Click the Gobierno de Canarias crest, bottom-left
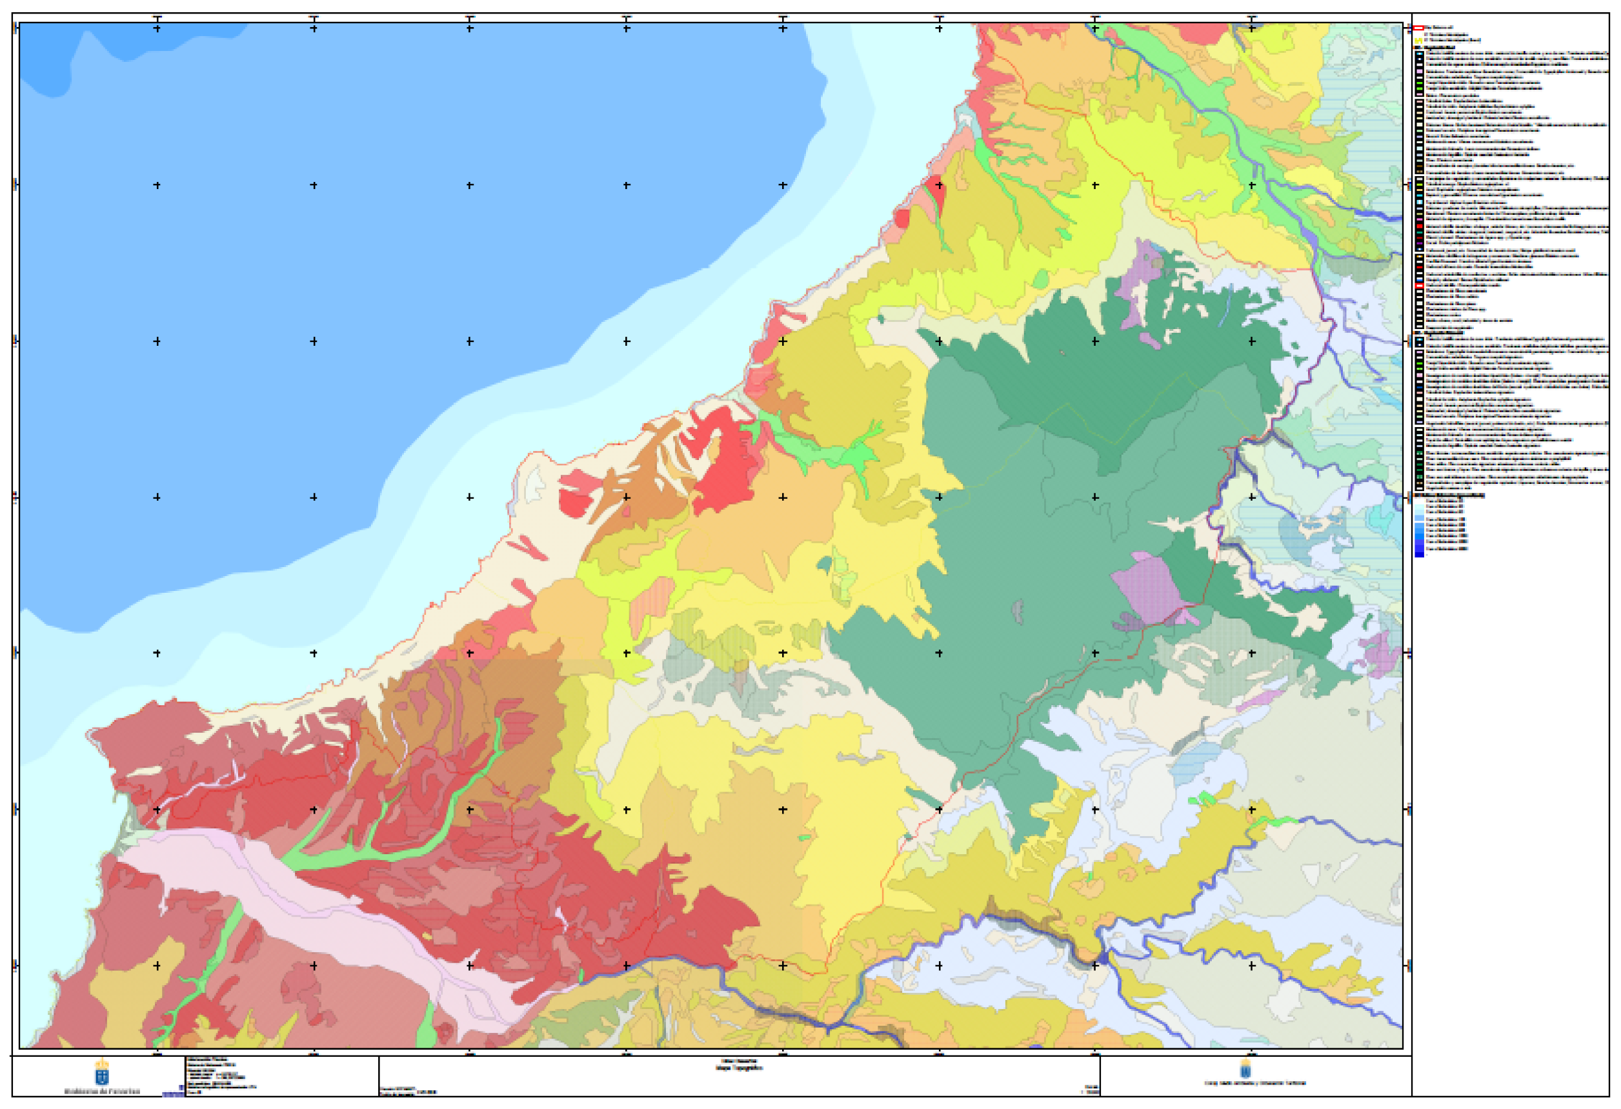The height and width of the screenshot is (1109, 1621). coord(102,1072)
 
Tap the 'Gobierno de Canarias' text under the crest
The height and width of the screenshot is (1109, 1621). coord(102,1091)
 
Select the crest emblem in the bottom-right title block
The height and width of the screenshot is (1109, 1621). coord(1245,1068)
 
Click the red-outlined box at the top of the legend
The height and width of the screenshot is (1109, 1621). coord(1418,28)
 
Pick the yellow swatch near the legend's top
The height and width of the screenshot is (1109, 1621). coord(1418,41)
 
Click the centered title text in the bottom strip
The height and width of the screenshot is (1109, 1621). coord(739,1066)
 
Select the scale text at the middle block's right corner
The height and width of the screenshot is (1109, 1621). coord(1092,1090)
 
